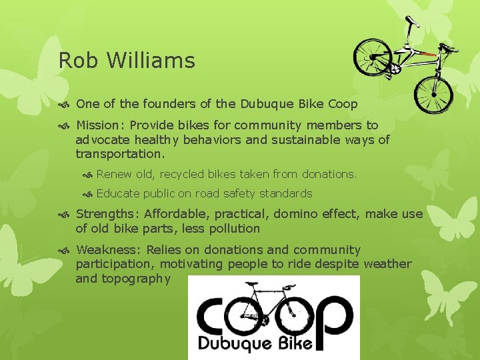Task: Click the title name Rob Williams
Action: point(127,61)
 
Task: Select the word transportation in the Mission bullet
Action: point(119,153)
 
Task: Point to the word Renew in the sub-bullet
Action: point(113,174)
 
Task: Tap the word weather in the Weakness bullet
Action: point(388,264)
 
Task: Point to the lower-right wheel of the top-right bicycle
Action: point(433,94)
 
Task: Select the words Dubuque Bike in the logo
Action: point(255,344)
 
